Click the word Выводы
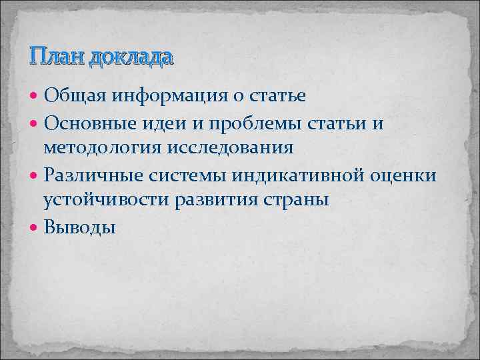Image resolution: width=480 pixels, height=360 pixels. [79, 228]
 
